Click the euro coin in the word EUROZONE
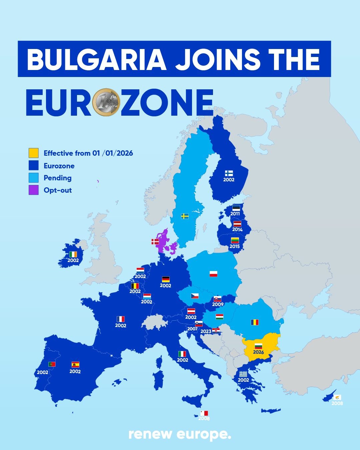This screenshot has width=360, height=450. [106, 102]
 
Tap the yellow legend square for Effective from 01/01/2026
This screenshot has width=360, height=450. [33, 153]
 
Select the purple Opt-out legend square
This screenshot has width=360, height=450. [33, 190]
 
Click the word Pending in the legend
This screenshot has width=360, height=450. [57, 178]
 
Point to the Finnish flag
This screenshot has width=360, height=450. [229, 173]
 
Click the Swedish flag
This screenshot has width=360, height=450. [185, 216]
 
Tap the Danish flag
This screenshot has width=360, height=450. [155, 241]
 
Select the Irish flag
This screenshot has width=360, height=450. [73, 254]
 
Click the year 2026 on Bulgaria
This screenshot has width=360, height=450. [258, 352]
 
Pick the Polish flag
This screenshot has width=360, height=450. [213, 274]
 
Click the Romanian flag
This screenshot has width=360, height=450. [255, 322]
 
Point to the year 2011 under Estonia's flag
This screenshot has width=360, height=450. [235, 214]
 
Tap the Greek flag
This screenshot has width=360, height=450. [243, 374]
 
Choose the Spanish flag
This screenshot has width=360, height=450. [75, 365]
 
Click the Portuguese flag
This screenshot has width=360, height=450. [52, 364]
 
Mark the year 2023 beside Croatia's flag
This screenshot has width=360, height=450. [206, 331]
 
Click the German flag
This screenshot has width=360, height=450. [166, 279]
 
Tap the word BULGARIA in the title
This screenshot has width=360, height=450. [96, 59]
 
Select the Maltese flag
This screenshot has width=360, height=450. [204, 413]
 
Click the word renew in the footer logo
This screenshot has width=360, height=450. [150, 434]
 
